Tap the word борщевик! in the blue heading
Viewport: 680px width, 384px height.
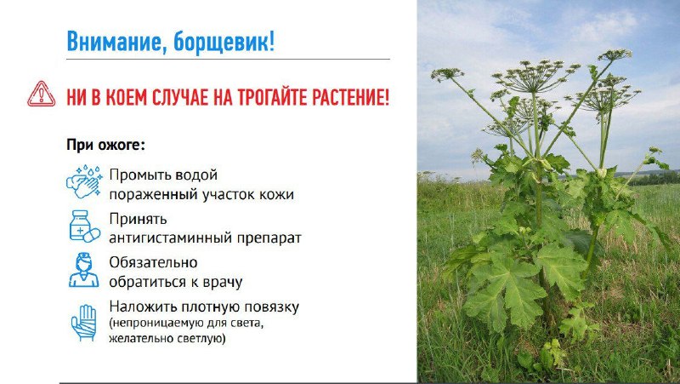(224, 42)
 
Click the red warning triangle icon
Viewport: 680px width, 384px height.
(41, 94)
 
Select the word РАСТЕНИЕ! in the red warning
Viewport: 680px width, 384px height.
(350, 97)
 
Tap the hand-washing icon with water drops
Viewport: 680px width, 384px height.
(84, 181)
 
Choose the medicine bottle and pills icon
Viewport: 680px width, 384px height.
(84, 226)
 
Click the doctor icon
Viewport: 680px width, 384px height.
(83, 270)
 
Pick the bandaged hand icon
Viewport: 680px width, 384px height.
(83, 323)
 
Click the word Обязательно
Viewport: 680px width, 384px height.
(153, 262)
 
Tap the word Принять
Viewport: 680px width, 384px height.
(138, 220)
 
